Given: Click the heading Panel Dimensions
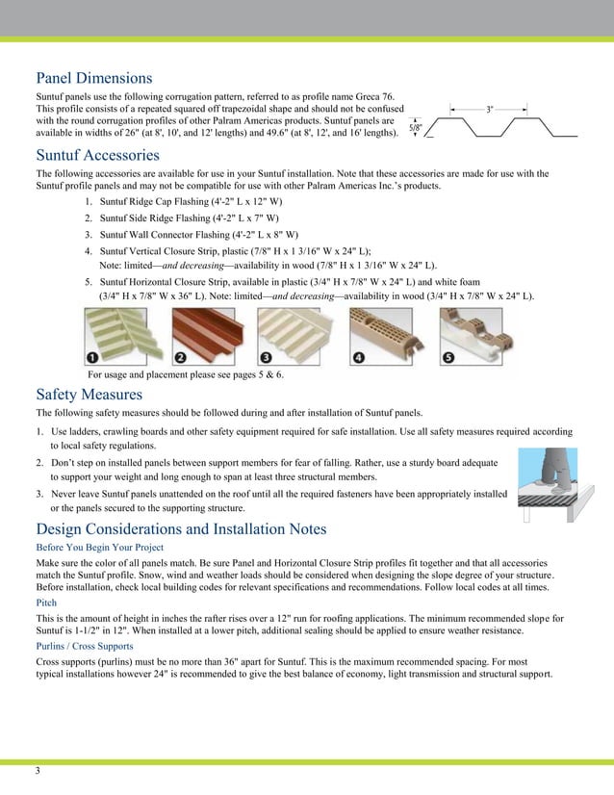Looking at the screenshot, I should click(94, 78).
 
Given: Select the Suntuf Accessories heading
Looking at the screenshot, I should click(97, 155).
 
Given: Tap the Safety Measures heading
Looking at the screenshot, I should click(90, 395).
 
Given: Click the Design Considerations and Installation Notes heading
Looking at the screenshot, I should click(181, 529).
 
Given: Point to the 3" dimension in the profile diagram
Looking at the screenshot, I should click(490, 110).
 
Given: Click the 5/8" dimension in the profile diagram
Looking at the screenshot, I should click(416, 127).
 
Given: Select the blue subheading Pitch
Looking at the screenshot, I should click(46, 601).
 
